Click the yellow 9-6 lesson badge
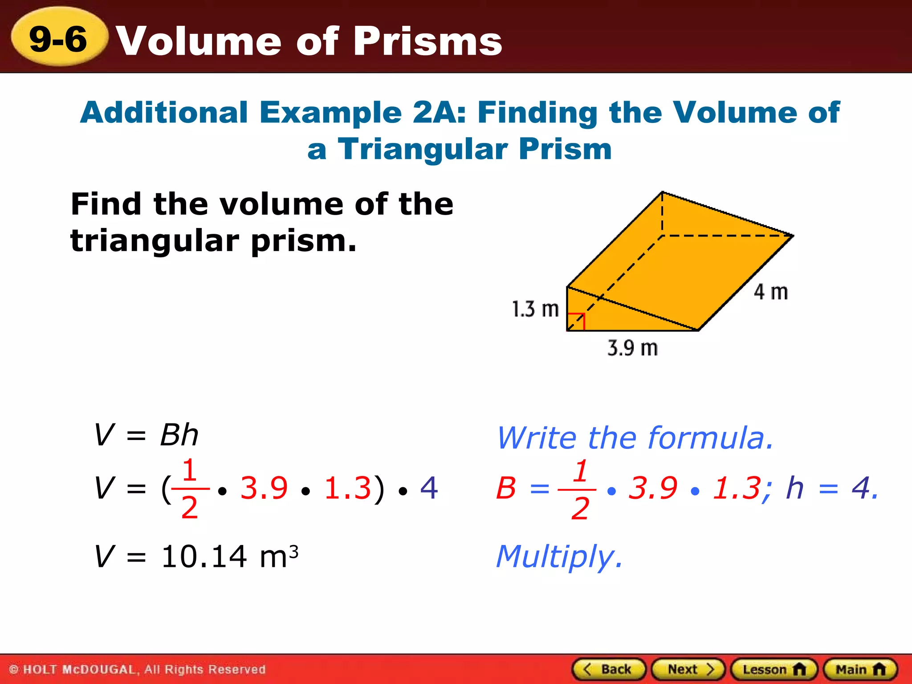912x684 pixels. pyautogui.click(x=59, y=38)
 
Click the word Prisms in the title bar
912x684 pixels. pyautogui.click(x=427, y=41)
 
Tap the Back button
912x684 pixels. pyautogui.click(x=609, y=669)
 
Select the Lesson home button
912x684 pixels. pyautogui.click(x=774, y=669)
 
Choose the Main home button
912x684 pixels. pyautogui.click(x=860, y=669)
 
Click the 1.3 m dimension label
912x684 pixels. pyautogui.click(x=535, y=309)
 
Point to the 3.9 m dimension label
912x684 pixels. pyautogui.click(x=632, y=348)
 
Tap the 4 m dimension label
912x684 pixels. pyautogui.click(x=770, y=292)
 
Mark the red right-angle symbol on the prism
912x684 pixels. pyautogui.click(x=576, y=322)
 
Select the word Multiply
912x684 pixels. pyautogui.click(x=558, y=557)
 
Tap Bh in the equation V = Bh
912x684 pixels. pyautogui.click(x=179, y=435)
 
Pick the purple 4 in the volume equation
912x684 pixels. pyautogui.click(x=429, y=488)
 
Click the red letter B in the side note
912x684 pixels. pyautogui.click(x=506, y=488)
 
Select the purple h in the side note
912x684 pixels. pyautogui.click(x=795, y=488)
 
